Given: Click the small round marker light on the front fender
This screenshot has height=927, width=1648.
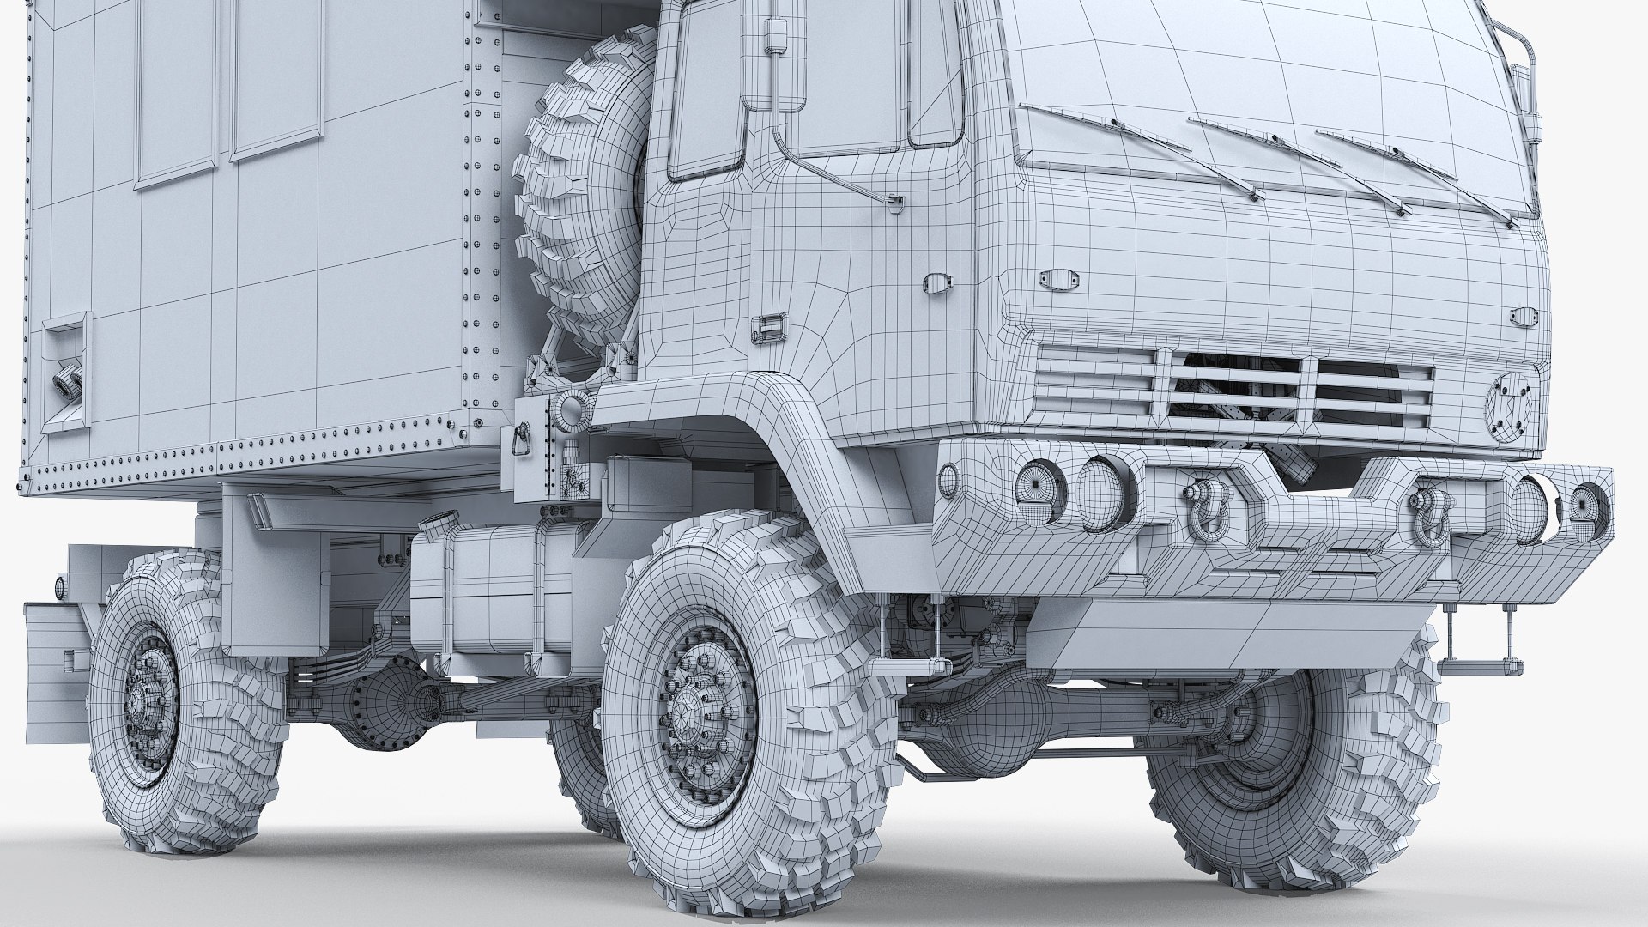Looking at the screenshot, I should tap(948, 479).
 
